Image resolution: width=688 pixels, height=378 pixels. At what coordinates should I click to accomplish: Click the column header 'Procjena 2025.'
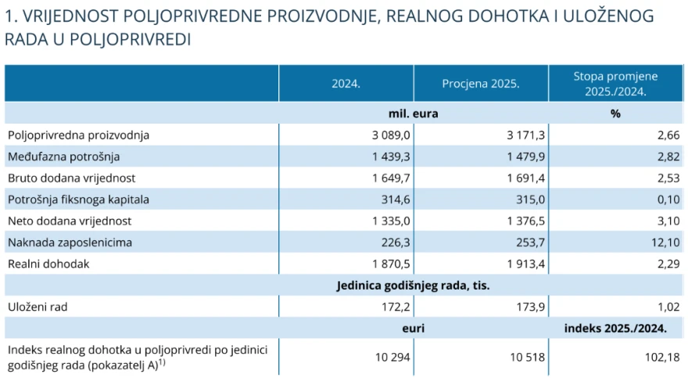(481, 84)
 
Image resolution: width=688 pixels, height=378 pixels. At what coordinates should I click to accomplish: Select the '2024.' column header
(346, 84)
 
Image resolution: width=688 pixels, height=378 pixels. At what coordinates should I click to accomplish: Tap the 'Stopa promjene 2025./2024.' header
(615, 84)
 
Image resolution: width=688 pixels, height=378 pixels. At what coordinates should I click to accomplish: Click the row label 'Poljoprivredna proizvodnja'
(78, 135)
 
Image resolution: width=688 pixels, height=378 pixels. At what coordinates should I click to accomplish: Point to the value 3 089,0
(391, 135)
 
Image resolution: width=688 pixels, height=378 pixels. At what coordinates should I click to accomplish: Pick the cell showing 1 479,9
(525, 157)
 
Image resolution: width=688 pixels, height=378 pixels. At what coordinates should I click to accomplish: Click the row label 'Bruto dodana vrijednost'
(71, 178)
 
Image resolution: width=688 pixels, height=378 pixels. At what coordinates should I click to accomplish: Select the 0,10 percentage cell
(668, 200)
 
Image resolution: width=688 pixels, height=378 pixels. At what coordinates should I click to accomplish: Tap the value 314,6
(396, 200)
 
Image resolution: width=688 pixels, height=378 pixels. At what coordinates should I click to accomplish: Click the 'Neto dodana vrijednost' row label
(70, 221)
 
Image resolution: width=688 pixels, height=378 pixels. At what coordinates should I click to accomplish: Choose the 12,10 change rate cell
(665, 243)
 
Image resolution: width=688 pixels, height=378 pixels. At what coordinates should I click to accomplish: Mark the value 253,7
(531, 243)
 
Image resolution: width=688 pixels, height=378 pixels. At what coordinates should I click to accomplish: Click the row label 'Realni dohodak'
(48, 265)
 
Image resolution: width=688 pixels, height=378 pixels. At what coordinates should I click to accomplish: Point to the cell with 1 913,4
(525, 265)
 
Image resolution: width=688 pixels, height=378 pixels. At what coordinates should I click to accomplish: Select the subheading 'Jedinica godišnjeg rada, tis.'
(413, 286)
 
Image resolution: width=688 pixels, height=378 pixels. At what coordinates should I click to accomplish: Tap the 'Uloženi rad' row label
(38, 308)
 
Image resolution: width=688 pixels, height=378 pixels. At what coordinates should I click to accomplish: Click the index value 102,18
(662, 358)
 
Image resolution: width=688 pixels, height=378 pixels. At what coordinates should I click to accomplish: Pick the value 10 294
(392, 358)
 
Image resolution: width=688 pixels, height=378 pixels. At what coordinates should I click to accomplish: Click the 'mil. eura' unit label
(413, 113)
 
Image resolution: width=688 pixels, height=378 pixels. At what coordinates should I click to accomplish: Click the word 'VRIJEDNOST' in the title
(70, 16)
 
